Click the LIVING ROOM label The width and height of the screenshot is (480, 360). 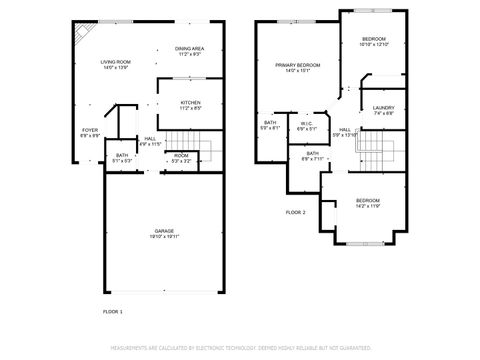click(116, 62)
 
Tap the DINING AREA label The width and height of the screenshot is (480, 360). click(190, 48)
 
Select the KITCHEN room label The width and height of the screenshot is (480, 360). click(190, 102)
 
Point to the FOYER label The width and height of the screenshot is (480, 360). click(90, 129)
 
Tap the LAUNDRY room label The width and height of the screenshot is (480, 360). click(383, 108)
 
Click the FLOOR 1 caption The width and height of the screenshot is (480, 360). click(113, 312)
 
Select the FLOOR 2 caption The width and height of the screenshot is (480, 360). click(295, 212)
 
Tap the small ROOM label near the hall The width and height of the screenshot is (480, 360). click(181, 155)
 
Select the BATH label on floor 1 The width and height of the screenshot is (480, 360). click(121, 155)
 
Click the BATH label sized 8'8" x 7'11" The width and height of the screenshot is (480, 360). click(312, 153)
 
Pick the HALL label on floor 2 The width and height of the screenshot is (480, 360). click(344, 130)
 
